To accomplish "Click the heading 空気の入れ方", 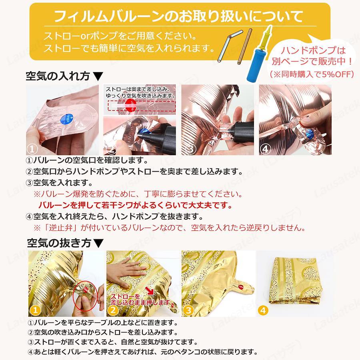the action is coord(58,76).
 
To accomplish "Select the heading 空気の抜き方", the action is coord(59,243).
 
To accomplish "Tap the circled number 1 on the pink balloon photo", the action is coord(32,149).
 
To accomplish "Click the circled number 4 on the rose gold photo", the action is coord(265,149).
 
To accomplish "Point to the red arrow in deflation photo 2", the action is coord(150,290).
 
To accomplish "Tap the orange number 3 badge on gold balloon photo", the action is coord(188,310).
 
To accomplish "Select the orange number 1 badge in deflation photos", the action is coord(35,310).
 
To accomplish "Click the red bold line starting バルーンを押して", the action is coord(136,205).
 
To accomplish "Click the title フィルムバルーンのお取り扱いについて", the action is coord(178,16).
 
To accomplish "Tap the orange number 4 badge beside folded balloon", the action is coord(263,310).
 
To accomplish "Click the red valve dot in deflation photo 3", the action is coord(241,286).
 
